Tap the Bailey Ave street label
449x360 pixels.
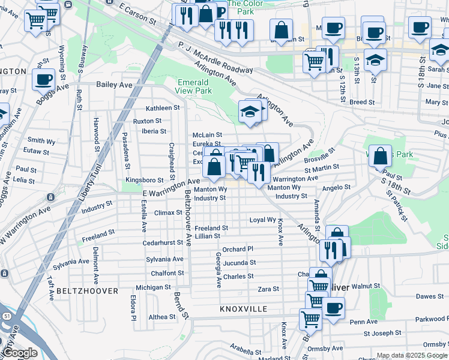pos(114,85)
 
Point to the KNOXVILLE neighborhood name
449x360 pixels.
pos(243,308)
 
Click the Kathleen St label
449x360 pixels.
pos(163,108)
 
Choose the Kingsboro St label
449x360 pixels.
pos(145,180)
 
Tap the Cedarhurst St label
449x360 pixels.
pos(163,243)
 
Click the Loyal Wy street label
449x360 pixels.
pos(262,220)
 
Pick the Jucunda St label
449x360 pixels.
pos(240,263)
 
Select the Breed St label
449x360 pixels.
pos(362,102)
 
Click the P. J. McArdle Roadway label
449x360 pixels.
pos(215,58)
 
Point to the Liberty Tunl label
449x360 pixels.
pos(92,183)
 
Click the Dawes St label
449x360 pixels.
pos(430,296)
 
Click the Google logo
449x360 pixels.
pos(20,353)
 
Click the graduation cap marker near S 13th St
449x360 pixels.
pos(375,61)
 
